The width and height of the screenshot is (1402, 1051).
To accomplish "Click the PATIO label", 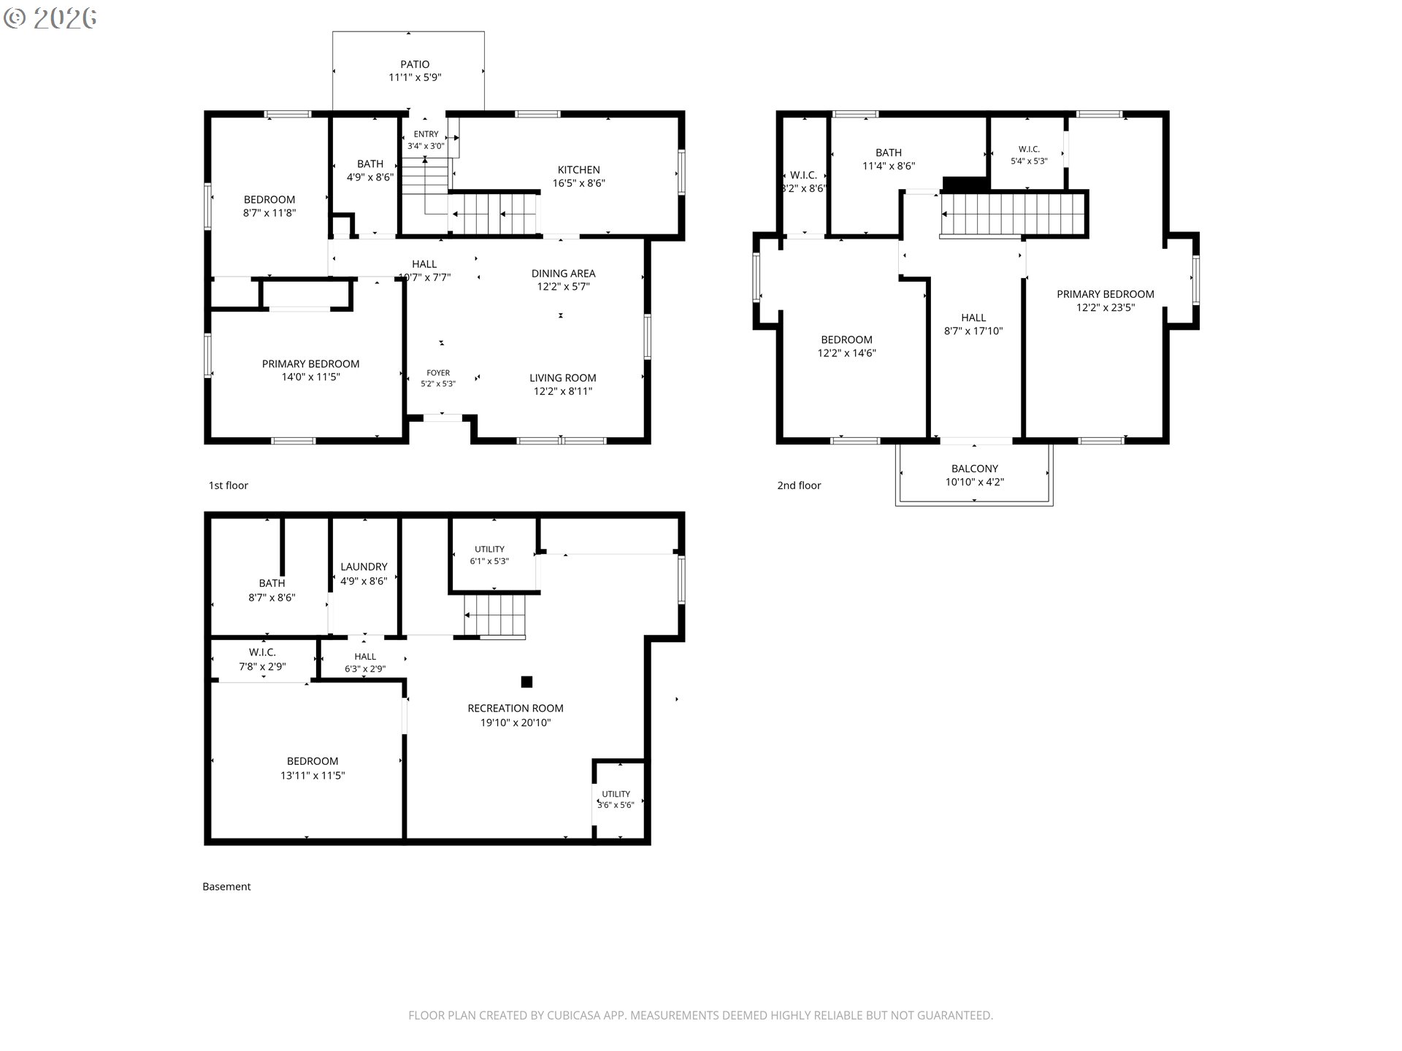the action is pyautogui.click(x=415, y=64).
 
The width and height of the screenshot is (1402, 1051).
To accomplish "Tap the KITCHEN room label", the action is pyautogui.click(x=579, y=170).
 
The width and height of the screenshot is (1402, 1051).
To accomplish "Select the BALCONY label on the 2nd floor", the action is pyautogui.click(x=975, y=469).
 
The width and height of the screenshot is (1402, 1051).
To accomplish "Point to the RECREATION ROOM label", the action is pyautogui.click(x=516, y=708).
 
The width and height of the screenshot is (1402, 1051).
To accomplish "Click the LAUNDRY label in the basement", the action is pyautogui.click(x=364, y=566).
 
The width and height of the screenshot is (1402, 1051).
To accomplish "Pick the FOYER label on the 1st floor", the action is pyautogui.click(x=438, y=373).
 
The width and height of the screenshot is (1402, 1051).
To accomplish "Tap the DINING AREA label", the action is pyautogui.click(x=563, y=274).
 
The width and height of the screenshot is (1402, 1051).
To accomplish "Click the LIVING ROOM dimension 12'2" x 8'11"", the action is pyautogui.click(x=563, y=391).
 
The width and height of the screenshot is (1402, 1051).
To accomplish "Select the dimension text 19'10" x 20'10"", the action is pyautogui.click(x=516, y=723).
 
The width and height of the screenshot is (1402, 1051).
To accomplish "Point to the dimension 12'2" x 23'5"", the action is pyautogui.click(x=1106, y=308).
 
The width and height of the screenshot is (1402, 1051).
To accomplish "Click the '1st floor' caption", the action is pyautogui.click(x=229, y=485).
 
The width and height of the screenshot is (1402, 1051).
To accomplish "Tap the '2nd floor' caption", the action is pyautogui.click(x=799, y=485).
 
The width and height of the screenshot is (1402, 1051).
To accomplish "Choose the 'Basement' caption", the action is pyautogui.click(x=226, y=887).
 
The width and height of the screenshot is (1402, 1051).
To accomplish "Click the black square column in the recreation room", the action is pyautogui.click(x=526, y=682).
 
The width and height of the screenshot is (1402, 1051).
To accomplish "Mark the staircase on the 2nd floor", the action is pyautogui.click(x=1014, y=214).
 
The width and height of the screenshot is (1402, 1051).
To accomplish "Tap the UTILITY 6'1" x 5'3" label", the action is pyautogui.click(x=489, y=555).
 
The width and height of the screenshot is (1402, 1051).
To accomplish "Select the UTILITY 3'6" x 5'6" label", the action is pyautogui.click(x=616, y=799).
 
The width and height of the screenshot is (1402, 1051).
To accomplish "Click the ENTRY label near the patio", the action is pyautogui.click(x=426, y=134).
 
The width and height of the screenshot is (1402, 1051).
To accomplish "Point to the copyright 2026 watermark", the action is pyautogui.click(x=50, y=18).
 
